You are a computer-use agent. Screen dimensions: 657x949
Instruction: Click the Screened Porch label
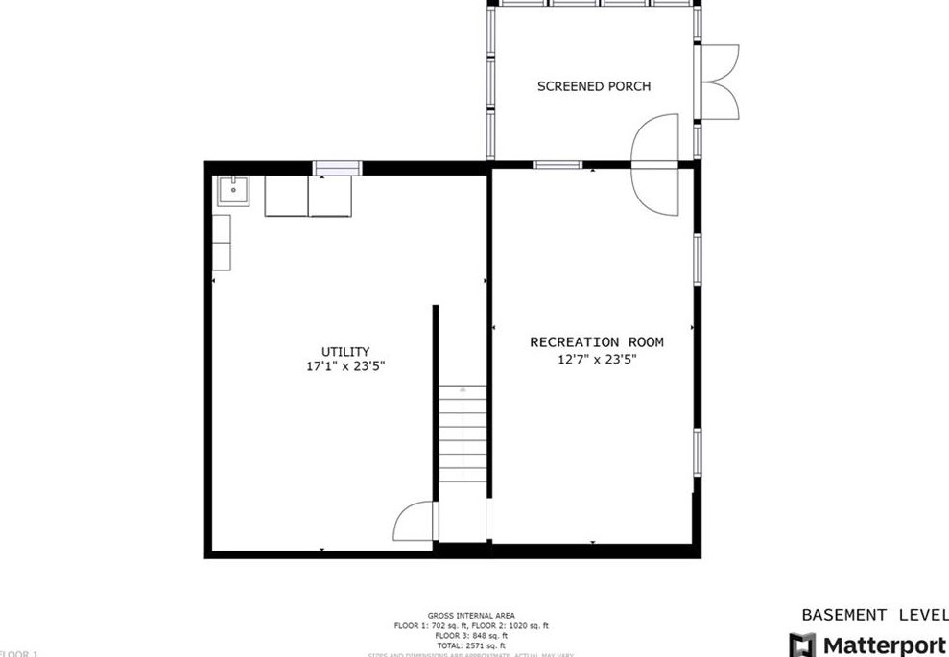click(x=594, y=86)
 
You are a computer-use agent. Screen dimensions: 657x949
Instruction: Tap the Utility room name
click(x=345, y=352)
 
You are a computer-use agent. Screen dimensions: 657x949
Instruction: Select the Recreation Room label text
click(x=597, y=342)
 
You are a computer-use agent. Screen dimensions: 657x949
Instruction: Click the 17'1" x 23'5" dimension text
click(x=345, y=366)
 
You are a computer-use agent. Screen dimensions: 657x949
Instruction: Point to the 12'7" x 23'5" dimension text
click(x=597, y=360)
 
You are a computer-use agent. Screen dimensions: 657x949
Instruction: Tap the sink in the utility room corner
click(x=232, y=191)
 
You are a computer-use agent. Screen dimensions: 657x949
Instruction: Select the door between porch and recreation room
click(x=656, y=163)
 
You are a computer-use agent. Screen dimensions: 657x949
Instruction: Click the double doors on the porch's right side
click(x=720, y=82)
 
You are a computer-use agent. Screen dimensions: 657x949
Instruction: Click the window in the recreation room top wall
click(x=558, y=165)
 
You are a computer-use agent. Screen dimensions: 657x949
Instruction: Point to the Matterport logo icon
click(x=802, y=645)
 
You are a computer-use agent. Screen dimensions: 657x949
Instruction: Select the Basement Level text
click(x=873, y=614)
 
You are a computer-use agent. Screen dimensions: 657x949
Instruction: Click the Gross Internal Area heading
click(x=471, y=616)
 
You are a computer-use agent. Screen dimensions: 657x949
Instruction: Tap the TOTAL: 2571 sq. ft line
click(x=471, y=645)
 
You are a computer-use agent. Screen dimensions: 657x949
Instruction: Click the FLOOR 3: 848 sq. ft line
click(x=471, y=635)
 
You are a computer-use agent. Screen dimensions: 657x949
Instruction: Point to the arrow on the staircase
click(x=463, y=391)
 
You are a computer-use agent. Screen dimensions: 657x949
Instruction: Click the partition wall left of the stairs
click(x=436, y=403)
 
